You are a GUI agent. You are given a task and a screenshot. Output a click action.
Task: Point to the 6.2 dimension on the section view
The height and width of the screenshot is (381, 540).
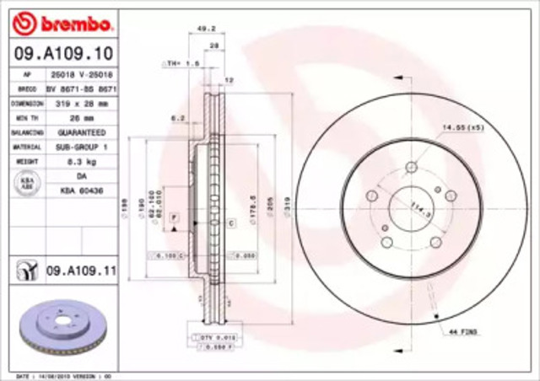(x=177, y=119)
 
